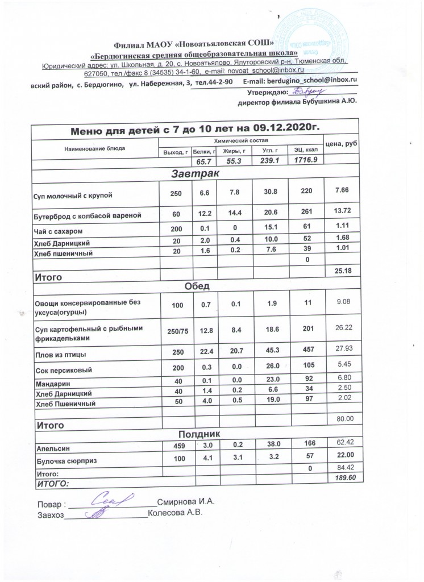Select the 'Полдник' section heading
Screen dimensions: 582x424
click(194, 434)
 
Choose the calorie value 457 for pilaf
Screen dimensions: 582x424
click(306, 354)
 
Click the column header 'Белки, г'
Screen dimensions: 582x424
click(205, 151)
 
